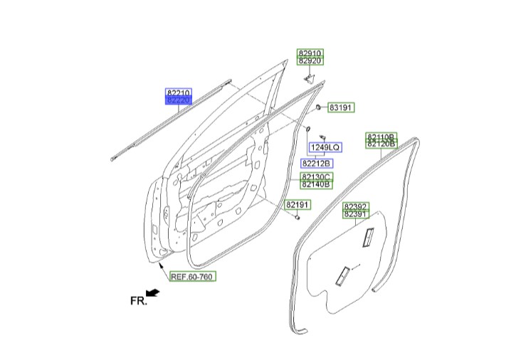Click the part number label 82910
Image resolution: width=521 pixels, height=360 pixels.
(310, 53)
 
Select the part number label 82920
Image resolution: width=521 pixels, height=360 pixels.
(310, 60)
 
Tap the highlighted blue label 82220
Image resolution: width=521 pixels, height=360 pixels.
(179, 100)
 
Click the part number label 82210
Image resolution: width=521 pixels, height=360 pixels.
(179, 92)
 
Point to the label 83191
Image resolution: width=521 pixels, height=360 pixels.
(341, 107)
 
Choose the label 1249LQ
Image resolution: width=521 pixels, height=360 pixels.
(326, 147)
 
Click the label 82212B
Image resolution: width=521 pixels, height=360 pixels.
(317, 164)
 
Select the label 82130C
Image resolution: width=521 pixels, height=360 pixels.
(317, 176)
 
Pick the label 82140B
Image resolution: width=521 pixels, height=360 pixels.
(317, 184)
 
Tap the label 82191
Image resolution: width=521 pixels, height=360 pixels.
(298, 205)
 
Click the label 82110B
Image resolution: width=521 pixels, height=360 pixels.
(381, 137)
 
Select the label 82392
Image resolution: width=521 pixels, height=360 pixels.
(356, 206)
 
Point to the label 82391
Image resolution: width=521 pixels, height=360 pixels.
(356, 214)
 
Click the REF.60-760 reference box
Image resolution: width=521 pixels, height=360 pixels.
(193, 276)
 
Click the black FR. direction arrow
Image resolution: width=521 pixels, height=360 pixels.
(153, 292)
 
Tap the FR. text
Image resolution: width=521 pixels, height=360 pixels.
(138, 301)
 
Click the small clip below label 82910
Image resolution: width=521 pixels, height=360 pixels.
(310, 80)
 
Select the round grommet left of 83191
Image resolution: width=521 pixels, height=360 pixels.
(318, 107)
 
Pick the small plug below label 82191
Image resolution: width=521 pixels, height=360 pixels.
(297, 218)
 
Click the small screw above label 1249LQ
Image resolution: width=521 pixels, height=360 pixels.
(322, 137)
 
